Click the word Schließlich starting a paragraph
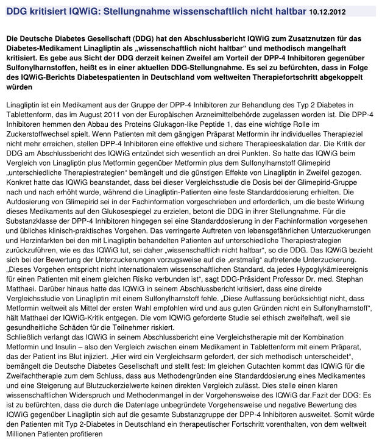pyautogui.click(x=26, y=336)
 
